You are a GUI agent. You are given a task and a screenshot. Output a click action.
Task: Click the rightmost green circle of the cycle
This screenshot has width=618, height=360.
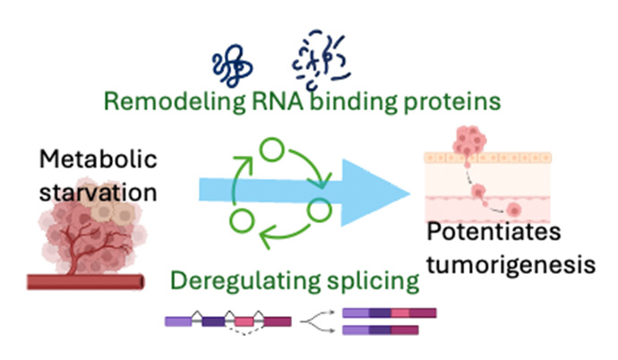tap(320, 211)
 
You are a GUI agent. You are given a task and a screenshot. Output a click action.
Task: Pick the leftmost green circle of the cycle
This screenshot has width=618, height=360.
tap(238, 218)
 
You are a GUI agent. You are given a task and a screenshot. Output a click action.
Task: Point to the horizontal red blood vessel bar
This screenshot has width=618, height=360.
tap(86, 281)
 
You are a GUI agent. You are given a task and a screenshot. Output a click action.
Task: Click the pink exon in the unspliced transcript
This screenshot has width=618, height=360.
tap(244, 320)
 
